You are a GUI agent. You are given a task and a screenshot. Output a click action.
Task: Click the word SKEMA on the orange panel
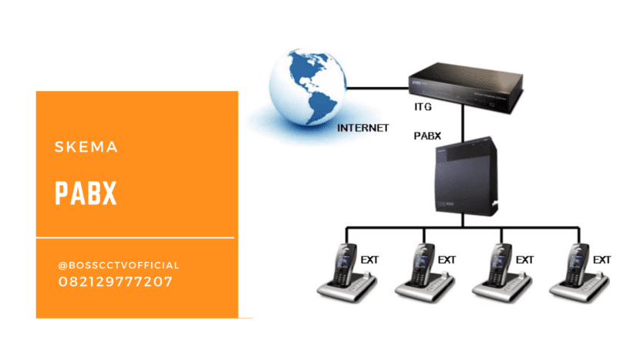(x=86, y=147)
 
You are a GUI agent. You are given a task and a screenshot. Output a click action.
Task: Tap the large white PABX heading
(x=86, y=193)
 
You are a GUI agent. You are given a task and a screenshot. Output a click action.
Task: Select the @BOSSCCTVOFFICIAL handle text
(x=118, y=265)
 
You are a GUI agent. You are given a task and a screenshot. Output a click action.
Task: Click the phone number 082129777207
(x=116, y=282)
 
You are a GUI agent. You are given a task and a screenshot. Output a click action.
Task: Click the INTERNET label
(x=363, y=127)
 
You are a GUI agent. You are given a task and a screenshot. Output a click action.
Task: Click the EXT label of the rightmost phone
(x=601, y=260)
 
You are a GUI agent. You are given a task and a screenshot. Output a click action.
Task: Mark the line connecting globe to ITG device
(x=378, y=88)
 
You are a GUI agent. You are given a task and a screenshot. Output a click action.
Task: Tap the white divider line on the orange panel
(x=135, y=237)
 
